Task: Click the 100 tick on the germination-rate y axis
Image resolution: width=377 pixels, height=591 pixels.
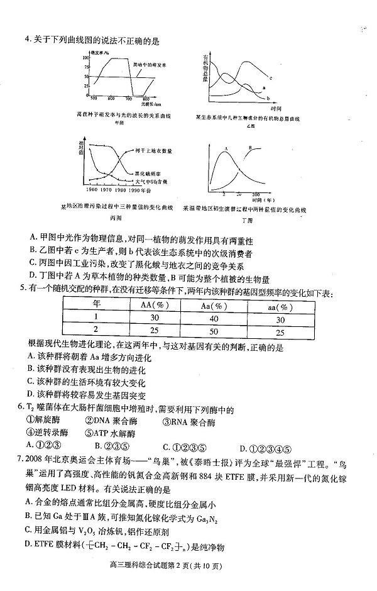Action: tap(85, 58)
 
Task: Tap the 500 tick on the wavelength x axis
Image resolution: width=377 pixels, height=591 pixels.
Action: tap(94, 99)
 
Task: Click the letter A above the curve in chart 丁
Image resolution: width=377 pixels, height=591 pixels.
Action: tap(224, 148)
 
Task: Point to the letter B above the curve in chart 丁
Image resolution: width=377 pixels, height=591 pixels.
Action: tap(249, 148)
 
